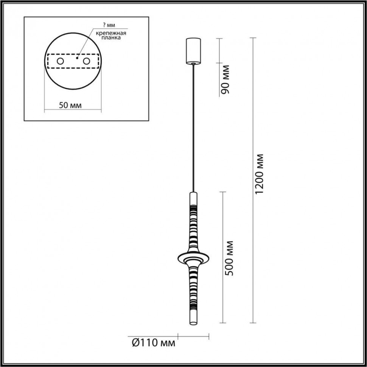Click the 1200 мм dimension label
(x=260, y=174)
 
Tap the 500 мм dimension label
(x=229, y=258)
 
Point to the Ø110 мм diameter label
(x=153, y=343)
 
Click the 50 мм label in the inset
(x=70, y=105)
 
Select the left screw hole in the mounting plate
(x=60, y=61)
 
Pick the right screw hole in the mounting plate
(x=87, y=61)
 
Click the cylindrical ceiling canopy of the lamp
(x=193, y=50)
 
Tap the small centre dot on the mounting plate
(x=77, y=58)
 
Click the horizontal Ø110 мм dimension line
(x=193, y=336)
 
